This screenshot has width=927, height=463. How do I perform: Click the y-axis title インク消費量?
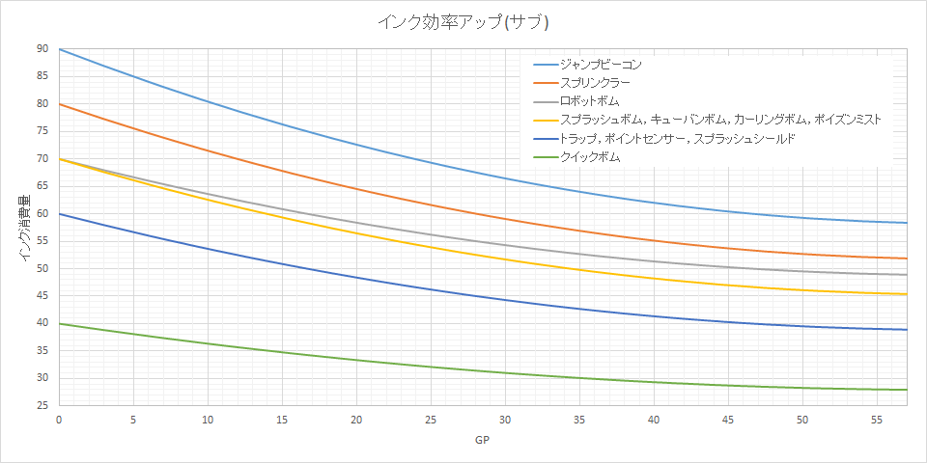[23, 231]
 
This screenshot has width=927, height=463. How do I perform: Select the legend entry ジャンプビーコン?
[601, 65]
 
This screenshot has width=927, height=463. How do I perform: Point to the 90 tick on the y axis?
[42, 49]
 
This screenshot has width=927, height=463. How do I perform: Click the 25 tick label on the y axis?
[42, 405]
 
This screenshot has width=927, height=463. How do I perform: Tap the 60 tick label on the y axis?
[42, 214]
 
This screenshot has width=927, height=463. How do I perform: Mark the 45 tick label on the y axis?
[42, 296]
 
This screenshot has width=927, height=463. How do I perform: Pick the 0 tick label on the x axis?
[59, 421]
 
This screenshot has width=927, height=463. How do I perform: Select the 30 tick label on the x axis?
[505, 421]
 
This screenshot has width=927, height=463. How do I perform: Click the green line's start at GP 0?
[60, 323]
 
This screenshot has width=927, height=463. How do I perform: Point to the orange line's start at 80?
[60, 104]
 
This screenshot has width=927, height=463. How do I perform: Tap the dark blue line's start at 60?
[60, 213]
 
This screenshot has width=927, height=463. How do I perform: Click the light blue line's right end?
[907, 223]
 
